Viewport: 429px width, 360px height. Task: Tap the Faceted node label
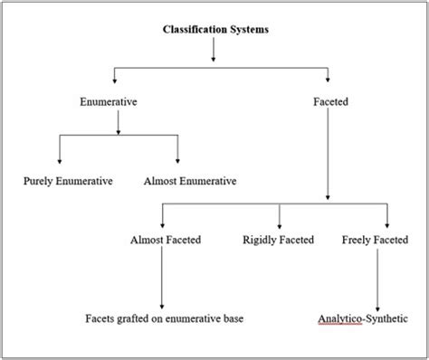[329, 103]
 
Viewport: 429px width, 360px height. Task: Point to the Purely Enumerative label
[68, 181]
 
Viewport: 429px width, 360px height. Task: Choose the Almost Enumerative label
[190, 181]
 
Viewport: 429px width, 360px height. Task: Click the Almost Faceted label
[166, 240]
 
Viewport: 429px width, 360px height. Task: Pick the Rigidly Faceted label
[278, 240]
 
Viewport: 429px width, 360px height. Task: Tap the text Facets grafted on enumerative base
[164, 318]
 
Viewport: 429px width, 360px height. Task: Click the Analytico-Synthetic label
[362, 318]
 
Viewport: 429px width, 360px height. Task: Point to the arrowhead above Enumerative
[113, 82]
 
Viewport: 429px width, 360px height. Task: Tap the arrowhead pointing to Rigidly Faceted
[279, 223]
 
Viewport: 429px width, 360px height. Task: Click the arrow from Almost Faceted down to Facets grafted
[162, 280]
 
